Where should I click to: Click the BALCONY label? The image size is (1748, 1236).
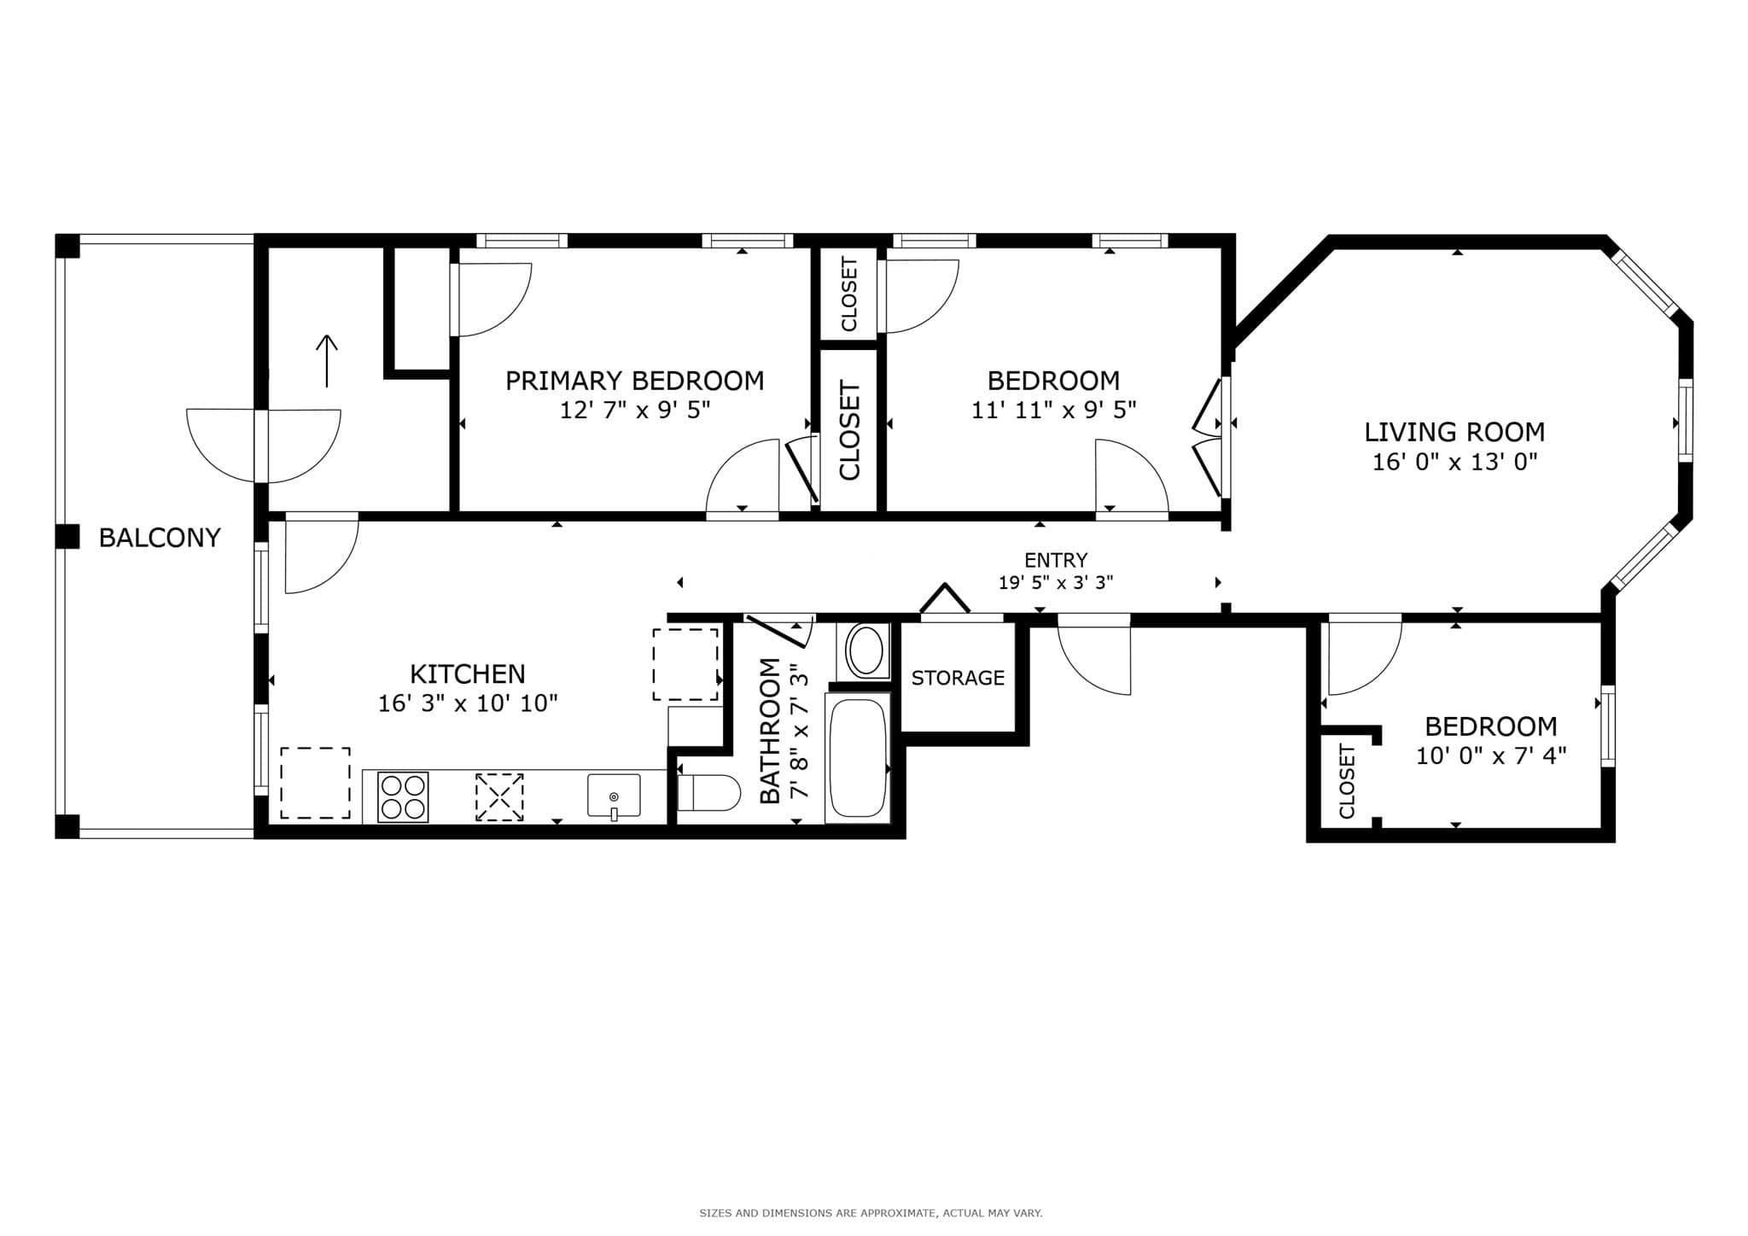point(160,537)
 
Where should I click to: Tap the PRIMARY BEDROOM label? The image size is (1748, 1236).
point(634,381)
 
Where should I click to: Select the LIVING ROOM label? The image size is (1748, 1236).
point(1454,432)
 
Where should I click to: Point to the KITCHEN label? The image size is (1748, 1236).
point(468,674)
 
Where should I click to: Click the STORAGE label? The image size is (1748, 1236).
point(958,678)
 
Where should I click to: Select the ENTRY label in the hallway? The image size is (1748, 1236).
point(1056,560)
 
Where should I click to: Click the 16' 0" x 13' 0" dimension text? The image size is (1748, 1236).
point(1454,462)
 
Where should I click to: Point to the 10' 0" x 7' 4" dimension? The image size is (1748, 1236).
point(1491,755)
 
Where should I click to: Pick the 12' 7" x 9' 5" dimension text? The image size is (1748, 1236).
point(634,411)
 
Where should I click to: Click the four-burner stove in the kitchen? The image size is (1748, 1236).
point(403,797)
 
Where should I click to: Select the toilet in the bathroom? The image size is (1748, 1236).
point(708,793)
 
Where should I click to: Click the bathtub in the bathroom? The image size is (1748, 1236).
point(858,758)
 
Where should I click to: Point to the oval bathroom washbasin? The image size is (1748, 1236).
point(866,651)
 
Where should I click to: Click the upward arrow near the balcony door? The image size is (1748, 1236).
point(327,360)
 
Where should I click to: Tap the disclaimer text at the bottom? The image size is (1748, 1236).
point(871,1213)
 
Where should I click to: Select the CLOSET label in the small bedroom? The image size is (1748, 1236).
point(1347,781)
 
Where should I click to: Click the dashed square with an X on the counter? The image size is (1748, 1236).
point(499,797)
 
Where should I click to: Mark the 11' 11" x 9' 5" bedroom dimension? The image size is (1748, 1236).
point(1053,411)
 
